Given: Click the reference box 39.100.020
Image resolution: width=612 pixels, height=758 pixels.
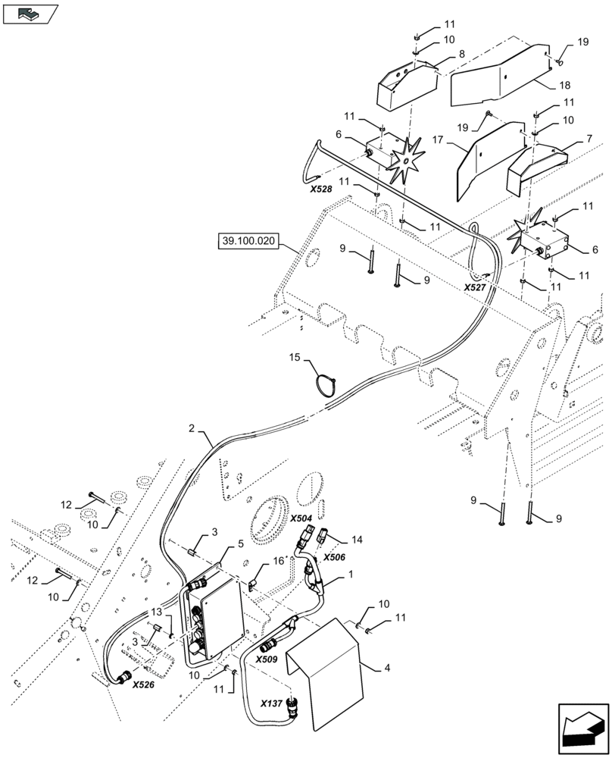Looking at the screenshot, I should (248, 242).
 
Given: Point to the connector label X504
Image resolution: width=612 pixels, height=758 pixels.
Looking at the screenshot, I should (301, 519).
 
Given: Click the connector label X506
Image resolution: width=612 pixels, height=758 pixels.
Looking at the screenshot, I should (335, 556).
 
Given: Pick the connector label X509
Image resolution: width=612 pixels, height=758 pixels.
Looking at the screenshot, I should (267, 659).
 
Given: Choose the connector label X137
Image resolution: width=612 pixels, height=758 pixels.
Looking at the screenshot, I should (275, 703).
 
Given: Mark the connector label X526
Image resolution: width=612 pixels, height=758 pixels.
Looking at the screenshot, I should (144, 684).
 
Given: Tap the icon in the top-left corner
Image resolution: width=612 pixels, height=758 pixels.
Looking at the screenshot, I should (30, 13).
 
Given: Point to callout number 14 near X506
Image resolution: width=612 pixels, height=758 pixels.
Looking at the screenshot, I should (358, 540).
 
